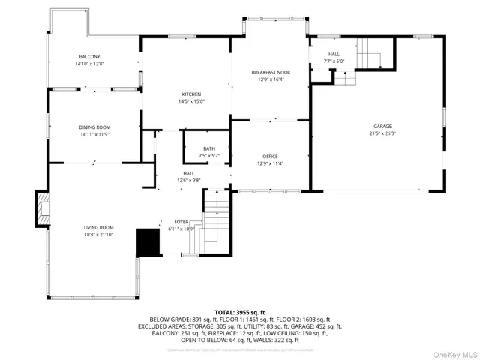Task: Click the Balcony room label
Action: click(x=90, y=57)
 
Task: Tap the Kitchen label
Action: click(x=191, y=94)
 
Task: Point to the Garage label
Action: click(x=382, y=127)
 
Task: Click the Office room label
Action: click(x=270, y=156)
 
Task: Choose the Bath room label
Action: click(x=208, y=149)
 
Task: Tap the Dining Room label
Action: click(x=94, y=127)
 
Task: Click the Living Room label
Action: click(x=98, y=227)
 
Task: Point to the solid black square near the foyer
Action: click(x=147, y=242)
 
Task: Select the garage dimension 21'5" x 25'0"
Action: click(x=382, y=133)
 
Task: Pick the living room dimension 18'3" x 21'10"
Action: click(x=98, y=234)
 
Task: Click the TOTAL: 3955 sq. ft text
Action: click(x=240, y=311)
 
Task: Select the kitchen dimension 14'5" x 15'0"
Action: click(x=191, y=101)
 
